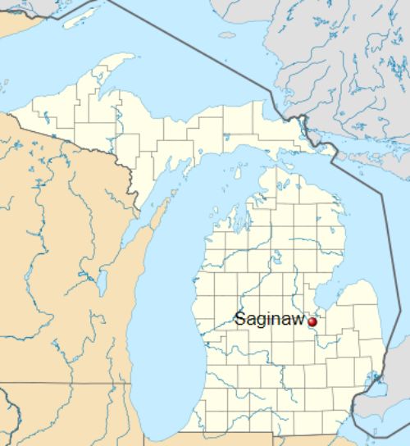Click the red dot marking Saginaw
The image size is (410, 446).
click(x=312, y=322)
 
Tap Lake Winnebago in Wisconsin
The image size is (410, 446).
click(x=101, y=283)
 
